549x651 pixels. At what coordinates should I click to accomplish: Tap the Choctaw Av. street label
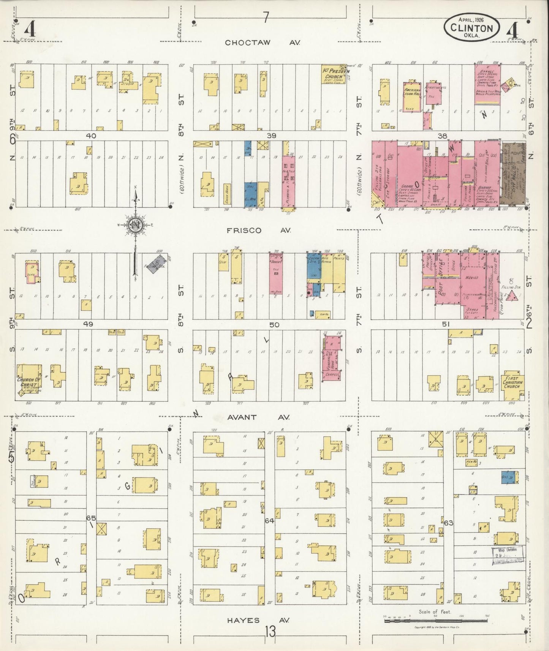point(262,43)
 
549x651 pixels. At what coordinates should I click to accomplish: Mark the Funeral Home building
point(331,357)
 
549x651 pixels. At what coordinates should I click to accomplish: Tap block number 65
point(91,518)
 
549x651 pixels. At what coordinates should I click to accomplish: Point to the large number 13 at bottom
point(271,632)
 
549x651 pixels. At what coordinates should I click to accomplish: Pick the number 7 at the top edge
point(266,17)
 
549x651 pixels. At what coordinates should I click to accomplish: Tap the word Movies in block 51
point(471,278)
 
